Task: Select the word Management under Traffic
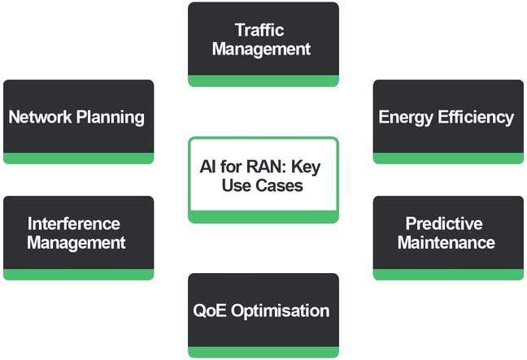click(x=262, y=48)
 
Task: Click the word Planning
click(x=111, y=116)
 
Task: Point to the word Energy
click(x=405, y=116)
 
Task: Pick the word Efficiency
click(x=477, y=116)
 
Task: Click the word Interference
click(x=73, y=223)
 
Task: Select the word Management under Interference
click(x=76, y=242)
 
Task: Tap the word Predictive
click(x=444, y=223)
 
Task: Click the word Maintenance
click(x=446, y=242)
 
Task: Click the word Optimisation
click(x=284, y=310)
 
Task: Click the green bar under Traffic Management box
click(x=263, y=80)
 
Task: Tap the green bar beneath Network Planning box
click(x=78, y=158)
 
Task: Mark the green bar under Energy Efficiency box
click(x=448, y=158)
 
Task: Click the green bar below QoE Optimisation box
click(x=263, y=352)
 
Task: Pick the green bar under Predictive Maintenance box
click(x=448, y=275)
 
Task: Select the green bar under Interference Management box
click(x=78, y=275)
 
